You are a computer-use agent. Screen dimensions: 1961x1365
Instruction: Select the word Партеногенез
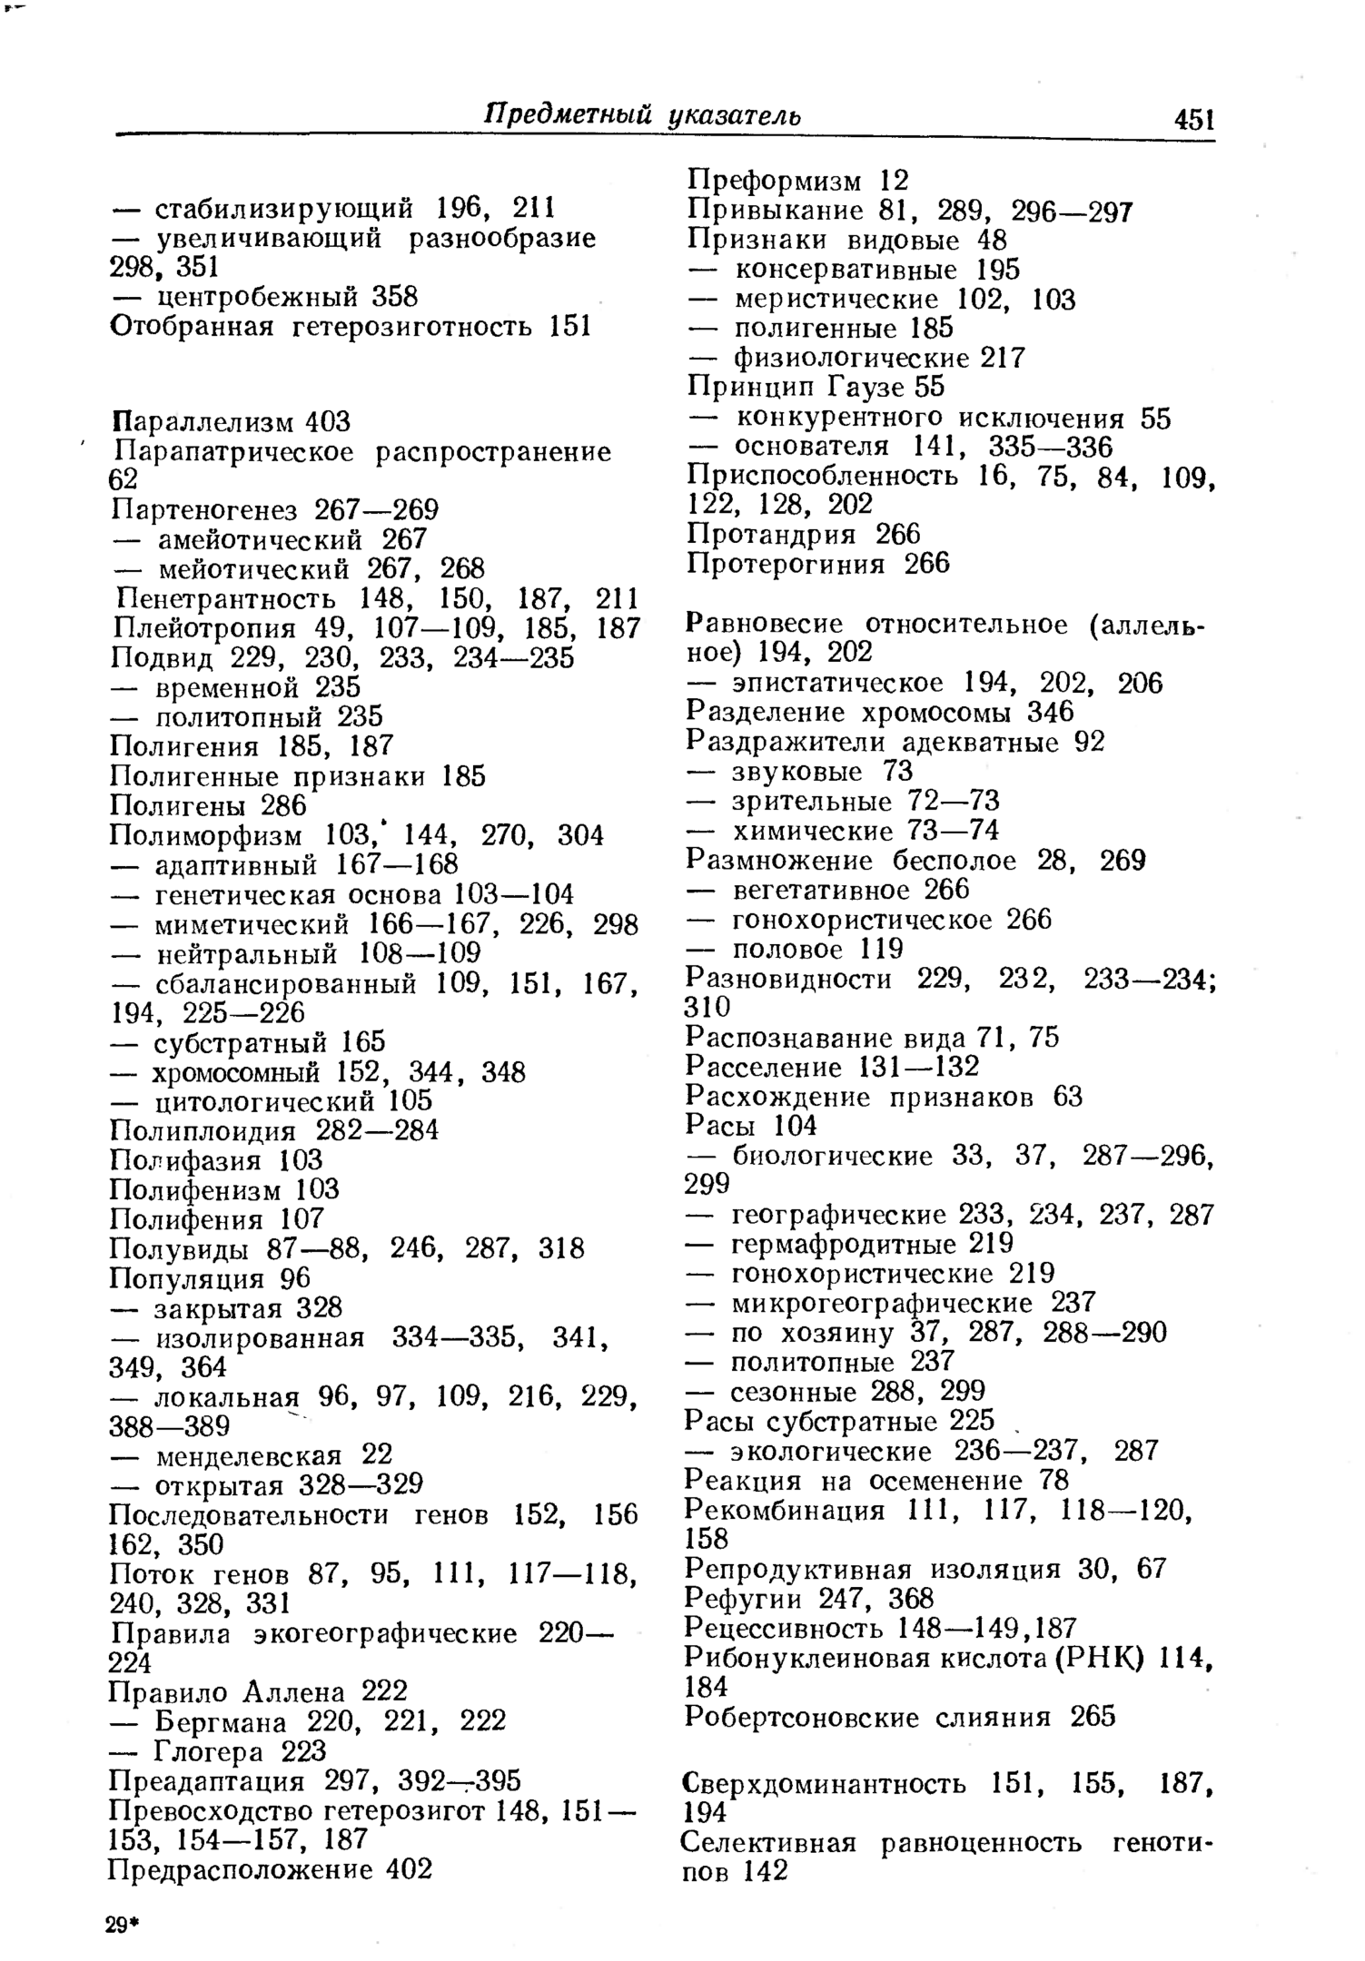coord(204,509)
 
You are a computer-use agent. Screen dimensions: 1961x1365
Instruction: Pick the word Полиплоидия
coord(203,1131)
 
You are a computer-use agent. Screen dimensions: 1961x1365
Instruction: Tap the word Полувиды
coord(179,1249)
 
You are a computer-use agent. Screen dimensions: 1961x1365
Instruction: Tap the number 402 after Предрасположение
coord(409,1869)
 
